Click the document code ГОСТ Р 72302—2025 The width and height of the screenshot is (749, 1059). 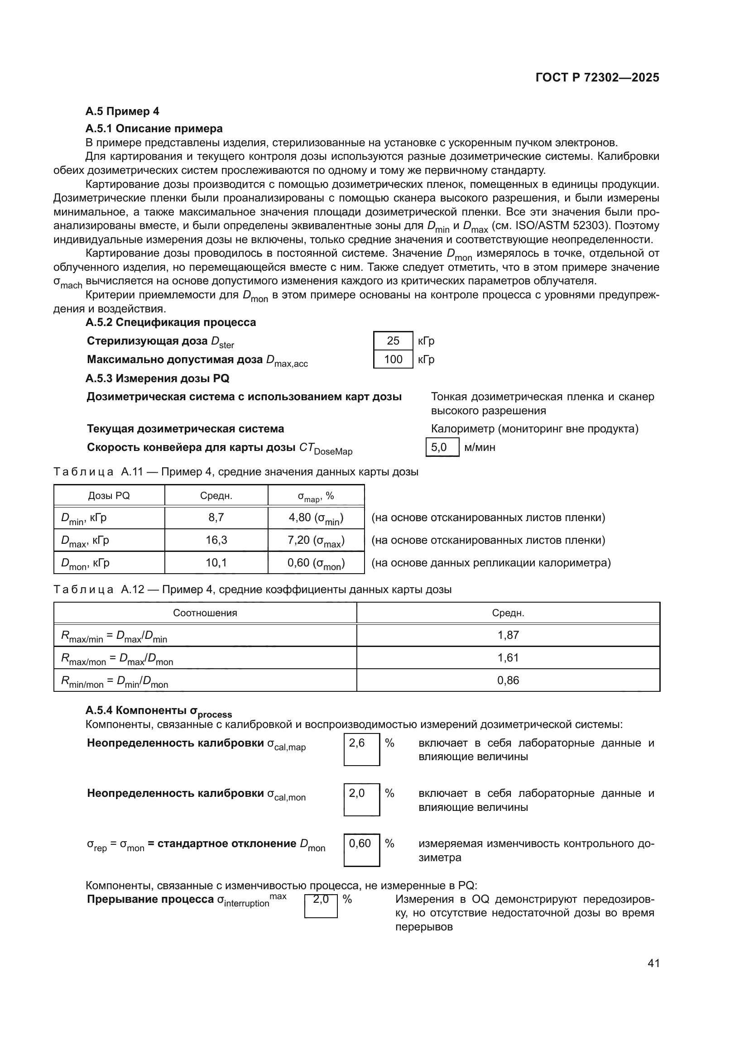[x=597, y=77]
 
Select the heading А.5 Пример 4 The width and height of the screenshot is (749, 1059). [x=122, y=111]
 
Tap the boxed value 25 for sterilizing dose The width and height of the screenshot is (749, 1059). [x=393, y=341]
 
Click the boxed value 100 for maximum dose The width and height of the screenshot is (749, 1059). [x=393, y=359]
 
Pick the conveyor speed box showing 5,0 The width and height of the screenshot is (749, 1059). [x=442, y=447]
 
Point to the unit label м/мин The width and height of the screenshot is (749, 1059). [x=480, y=447]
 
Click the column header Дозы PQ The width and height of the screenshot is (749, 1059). [x=109, y=496]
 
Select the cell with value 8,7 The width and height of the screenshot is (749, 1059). [x=216, y=518]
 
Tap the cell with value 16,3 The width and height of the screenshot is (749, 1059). [x=216, y=540]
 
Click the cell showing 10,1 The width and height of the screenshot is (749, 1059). [x=216, y=563]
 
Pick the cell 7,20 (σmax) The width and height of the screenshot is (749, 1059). [x=316, y=540]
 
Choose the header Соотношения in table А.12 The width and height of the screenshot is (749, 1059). [x=205, y=613]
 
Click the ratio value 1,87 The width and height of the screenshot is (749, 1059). [x=508, y=635]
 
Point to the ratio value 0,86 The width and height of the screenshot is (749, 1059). [x=508, y=680]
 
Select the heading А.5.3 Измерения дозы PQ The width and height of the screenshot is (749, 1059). [x=157, y=379]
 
